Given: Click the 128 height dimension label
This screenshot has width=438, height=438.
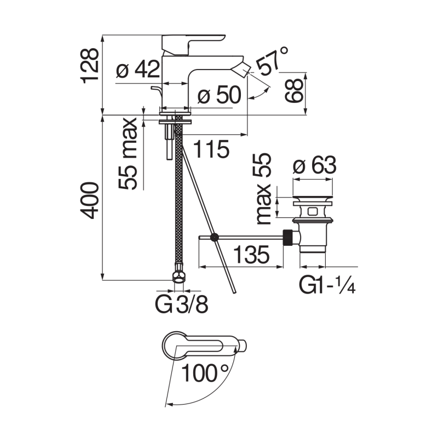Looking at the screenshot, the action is pyautogui.click(x=91, y=65).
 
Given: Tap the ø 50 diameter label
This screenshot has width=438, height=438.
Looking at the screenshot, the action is pyautogui.click(x=219, y=96).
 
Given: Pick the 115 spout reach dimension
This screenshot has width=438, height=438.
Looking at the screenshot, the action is pyautogui.click(x=210, y=148).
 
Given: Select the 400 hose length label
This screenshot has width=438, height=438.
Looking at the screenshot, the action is pyautogui.click(x=91, y=200).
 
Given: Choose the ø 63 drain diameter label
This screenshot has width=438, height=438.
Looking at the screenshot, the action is pyautogui.click(x=314, y=165).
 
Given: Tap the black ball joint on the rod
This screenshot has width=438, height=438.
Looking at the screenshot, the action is pyautogui.click(x=215, y=237).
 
